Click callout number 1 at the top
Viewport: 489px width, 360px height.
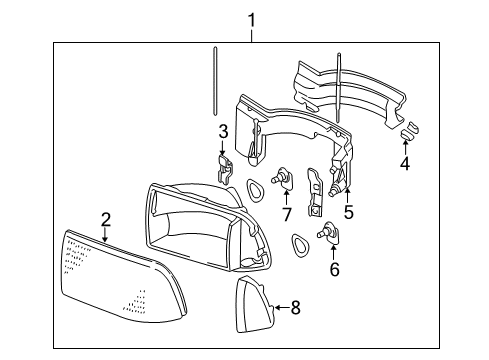pyautogui.click(x=252, y=19)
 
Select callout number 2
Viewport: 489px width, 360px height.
pyautogui.click(x=104, y=219)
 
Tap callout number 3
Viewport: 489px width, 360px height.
pyautogui.click(x=224, y=131)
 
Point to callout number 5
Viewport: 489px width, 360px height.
pyautogui.click(x=348, y=211)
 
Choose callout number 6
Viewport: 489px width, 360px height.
pyautogui.click(x=333, y=268)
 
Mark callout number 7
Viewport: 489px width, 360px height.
pyautogui.click(x=286, y=212)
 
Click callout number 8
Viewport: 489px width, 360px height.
pyautogui.click(x=295, y=308)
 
